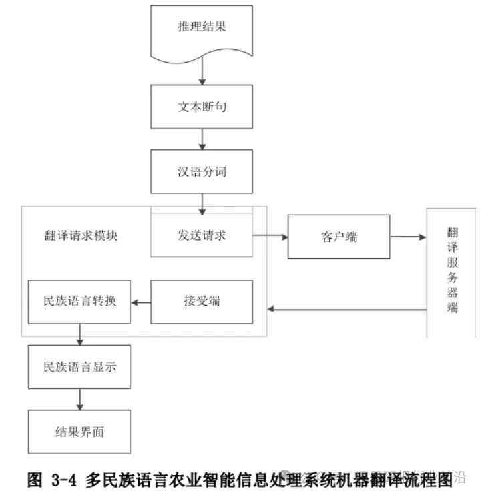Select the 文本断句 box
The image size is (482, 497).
tap(202, 107)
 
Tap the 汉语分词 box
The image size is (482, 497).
tap(202, 171)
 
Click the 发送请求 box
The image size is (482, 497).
tap(202, 235)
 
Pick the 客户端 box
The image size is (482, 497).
tap(338, 237)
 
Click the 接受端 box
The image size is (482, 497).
tap(202, 302)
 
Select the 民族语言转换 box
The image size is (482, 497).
tap(79, 302)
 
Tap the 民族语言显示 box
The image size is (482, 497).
tap(79, 366)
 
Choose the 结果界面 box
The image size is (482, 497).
tap(79, 432)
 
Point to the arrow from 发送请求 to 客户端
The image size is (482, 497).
tap(270, 236)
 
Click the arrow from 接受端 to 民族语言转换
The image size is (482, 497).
tap(141, 302)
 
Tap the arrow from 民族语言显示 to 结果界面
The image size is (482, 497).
tap(80, 399)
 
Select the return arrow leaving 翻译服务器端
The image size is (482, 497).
tap(347, 309)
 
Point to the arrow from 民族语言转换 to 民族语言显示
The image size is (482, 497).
tap(80, 334)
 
